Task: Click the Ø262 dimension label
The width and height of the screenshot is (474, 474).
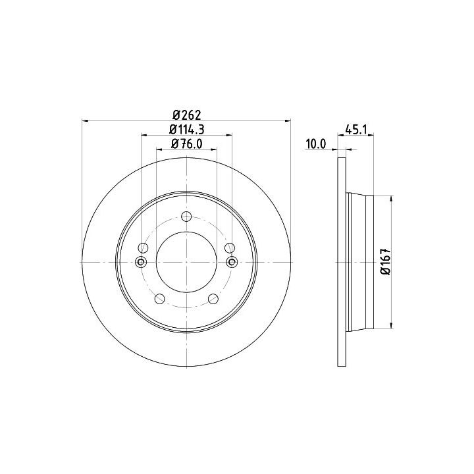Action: tap(186, 115)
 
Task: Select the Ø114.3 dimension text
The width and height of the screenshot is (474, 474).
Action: tap(186, 130)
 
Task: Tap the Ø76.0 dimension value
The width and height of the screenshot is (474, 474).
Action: tap(186, 144)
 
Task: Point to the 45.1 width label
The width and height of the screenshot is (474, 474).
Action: tap(355, 130)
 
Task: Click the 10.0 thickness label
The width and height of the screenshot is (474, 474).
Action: tap(316, 144)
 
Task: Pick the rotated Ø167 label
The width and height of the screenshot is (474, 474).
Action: tap(386, 262)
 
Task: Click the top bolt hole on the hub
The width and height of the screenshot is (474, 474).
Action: tap(186, 217)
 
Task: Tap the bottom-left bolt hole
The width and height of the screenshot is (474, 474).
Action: tap(159, 299)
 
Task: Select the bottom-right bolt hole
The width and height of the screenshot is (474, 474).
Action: tap(213, 299)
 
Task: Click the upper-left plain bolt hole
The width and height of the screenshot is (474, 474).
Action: tap(143, 248)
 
